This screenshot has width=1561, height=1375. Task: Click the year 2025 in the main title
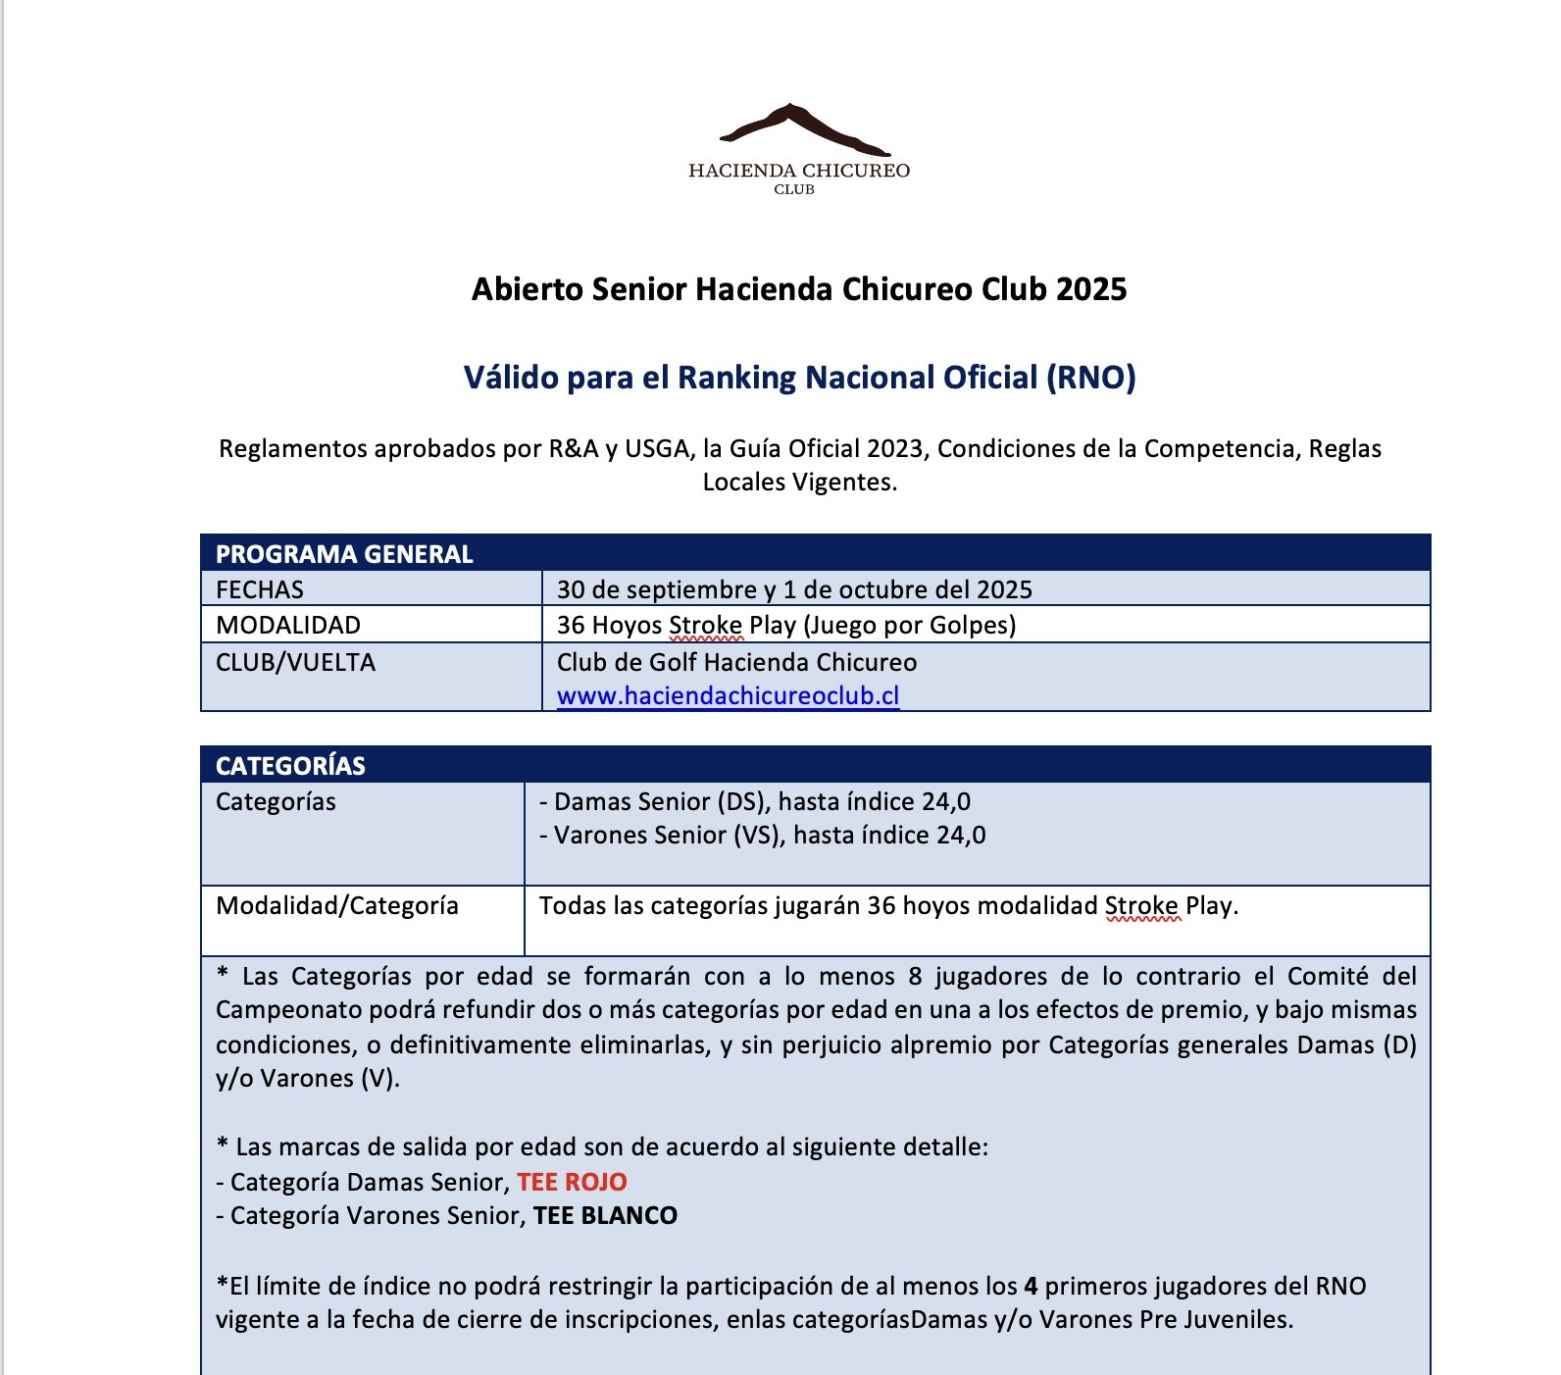pyautogui.click(x=1091, y=289)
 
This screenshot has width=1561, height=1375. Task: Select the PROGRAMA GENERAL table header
pyautogui.click(x=344, y=554)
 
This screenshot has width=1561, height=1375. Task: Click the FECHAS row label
pyautogui.click(x=260, y=589)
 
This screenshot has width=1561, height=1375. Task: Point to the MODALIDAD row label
pyautogui.click(x=288, y=625)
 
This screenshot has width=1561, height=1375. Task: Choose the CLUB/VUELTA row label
pyautogui.click(x=295, y=662)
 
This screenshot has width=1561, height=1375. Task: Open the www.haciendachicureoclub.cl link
pyautogui.click(x=728, y=695)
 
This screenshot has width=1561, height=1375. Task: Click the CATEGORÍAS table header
pyautogui.click(x=290, y=766)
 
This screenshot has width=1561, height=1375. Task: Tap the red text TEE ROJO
pyautogui.click(x=572, y=1182)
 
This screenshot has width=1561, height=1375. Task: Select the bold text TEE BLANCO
pyautogui.click(x=605, y=1215)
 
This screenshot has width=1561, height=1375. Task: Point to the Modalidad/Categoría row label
pyautogui.click(x=337, y=905)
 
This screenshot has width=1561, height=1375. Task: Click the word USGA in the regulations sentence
pyautogui.click(x=657, y=448)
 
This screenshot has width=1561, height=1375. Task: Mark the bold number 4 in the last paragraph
pyautogui.click(x=1031, y=1286)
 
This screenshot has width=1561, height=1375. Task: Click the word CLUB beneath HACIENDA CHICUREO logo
pyautogui.click(x=794, y=189)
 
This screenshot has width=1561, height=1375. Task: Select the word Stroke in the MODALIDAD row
pyautogui.click(x=705, y=625)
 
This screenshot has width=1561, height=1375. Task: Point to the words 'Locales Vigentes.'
pyautogui.click(x=799, y=482)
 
